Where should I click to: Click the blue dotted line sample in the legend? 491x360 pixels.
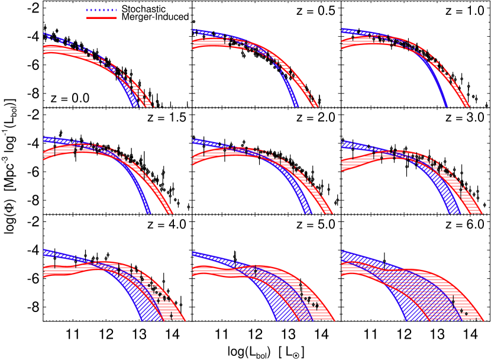pos(101,10)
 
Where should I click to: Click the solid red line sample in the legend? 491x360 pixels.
pos(101,18)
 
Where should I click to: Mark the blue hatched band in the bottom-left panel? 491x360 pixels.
pos(148,308)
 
